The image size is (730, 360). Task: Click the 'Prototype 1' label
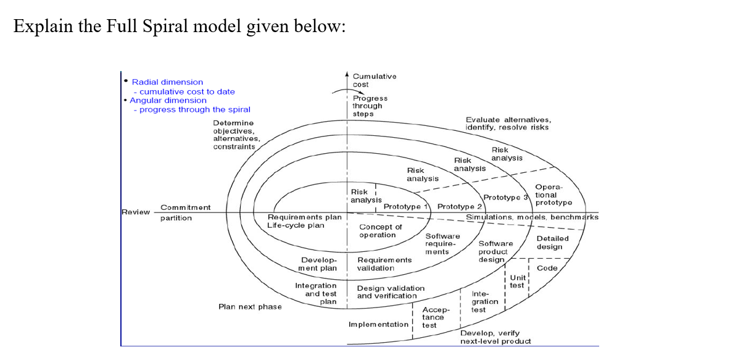coord(405,206)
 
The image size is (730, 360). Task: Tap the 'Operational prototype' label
coord(553,195)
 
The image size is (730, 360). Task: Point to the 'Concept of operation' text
coord(380,231)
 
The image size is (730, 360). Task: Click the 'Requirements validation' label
coord(384,264)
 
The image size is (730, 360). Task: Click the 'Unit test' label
coord(518,282)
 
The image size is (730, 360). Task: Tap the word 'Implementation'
coord(378,324)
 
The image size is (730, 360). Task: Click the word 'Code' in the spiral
coord(547,268)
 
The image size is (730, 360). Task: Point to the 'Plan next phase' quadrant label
coord(250,307)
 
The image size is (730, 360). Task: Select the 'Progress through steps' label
coord(370,106)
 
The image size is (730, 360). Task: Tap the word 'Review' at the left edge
coord(135,212)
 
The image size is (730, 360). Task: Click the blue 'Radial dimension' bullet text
coord(167,82)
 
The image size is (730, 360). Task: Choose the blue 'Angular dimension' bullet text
coord(168,100)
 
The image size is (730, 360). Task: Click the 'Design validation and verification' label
coord(391,292)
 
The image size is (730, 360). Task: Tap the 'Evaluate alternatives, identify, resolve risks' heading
coord(507,123)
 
